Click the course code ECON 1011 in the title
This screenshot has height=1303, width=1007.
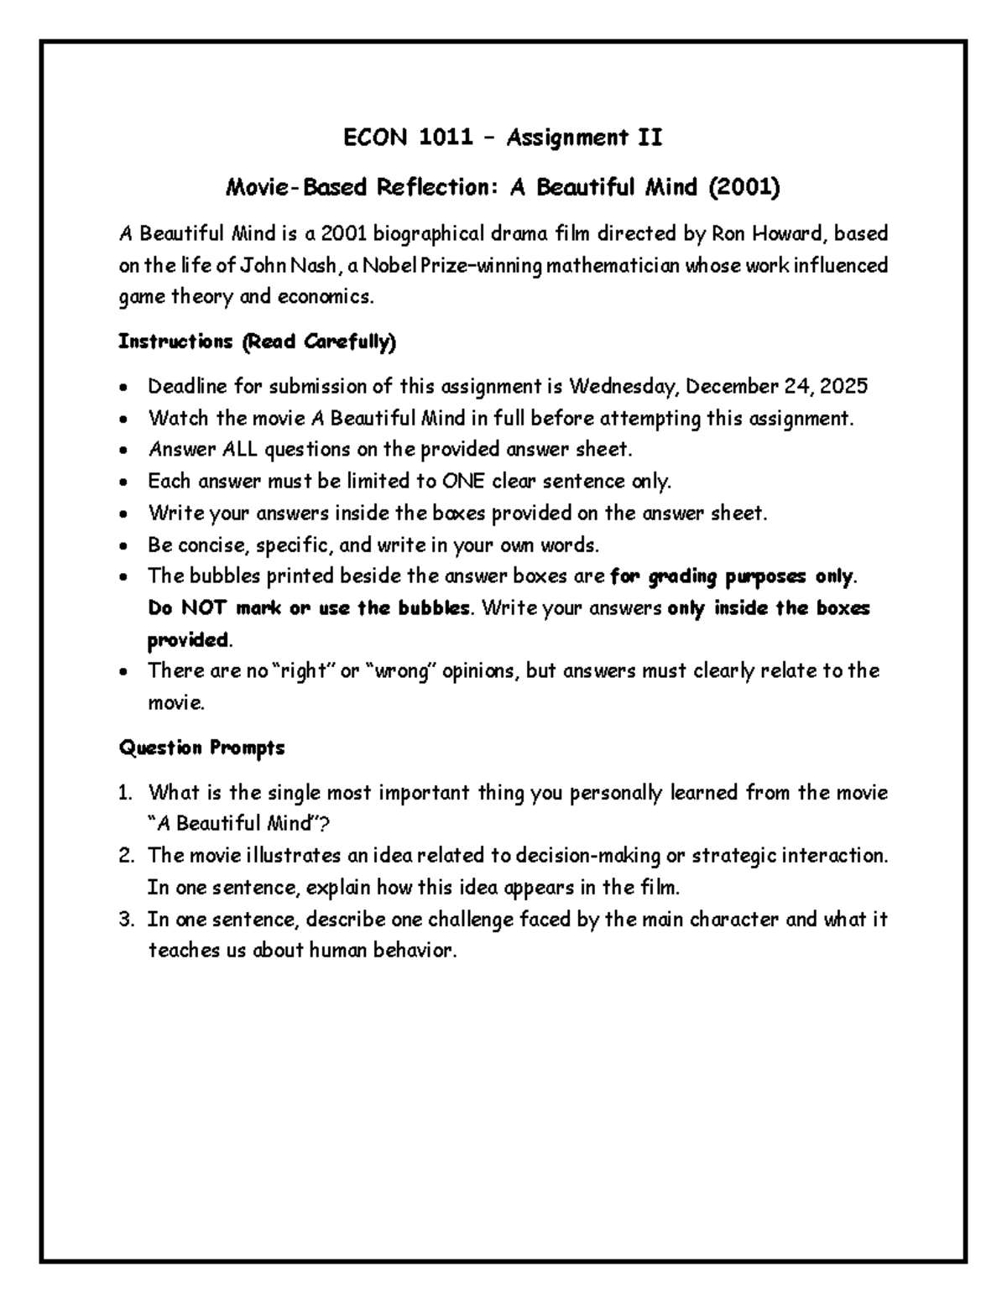point(408,138)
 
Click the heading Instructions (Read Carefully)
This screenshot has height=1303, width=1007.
point(258,341)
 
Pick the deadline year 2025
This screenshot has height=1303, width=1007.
point(843,386)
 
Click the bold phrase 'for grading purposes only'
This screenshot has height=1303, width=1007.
point(731,576)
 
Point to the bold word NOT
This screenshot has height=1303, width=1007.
point(204,608)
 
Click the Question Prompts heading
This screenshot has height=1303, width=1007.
point(202,748)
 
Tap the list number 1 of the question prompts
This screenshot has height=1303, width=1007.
point(125,794)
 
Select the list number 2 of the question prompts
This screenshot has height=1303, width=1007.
point(126,857)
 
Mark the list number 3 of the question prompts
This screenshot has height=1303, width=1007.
point(126,920)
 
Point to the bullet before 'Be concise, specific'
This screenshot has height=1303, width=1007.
point(124,546)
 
